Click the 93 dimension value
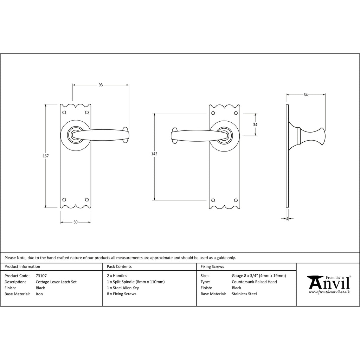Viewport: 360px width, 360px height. pyautogui.click(x=101, y=85)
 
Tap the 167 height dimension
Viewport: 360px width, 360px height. pyautogui.click(x=46, y=156)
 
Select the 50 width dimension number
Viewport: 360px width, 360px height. pyautogui.click(x=76, y=222)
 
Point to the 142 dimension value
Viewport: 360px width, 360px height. pyautogui.click(x=154, y=154)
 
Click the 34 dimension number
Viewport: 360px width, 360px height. pyautogui.click(x=255, y=125)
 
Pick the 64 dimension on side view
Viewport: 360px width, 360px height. pyautogui.click(x=306, y=95)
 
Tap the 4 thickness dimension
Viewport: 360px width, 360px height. pyautogui.click(x=287, y=219)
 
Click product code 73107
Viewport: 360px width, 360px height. pyautogui.click(x=41, y=276)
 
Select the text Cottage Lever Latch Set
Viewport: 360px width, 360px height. pyautogui.click(x=56, y=282)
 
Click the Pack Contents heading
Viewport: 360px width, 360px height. pyautogui.click(x=119, y=266)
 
